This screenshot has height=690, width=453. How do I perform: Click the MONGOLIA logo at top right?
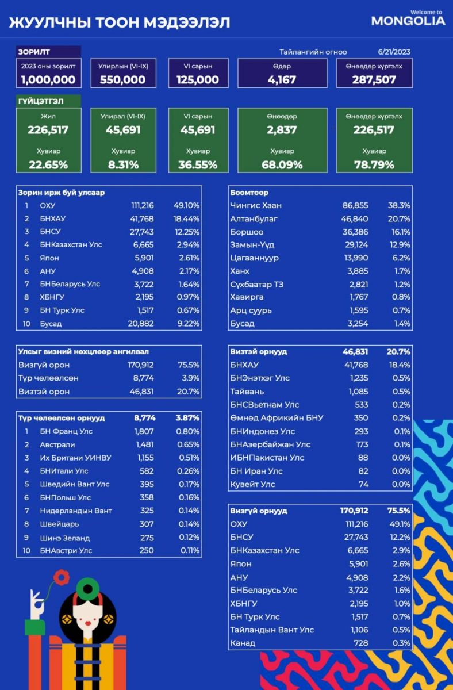click(x=408, y=18)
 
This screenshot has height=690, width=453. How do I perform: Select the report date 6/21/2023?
click(x=394, y=52)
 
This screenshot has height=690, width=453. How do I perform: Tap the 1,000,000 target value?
click(x=48, y=80)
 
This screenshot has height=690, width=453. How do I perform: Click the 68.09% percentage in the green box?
click(x=282, y=165)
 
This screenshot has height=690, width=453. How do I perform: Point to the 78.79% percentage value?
click(x=374, y=165)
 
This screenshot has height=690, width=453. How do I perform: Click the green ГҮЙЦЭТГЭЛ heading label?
click(x=41, y=101)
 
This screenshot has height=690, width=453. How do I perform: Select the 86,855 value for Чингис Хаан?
click(x=355, y=205)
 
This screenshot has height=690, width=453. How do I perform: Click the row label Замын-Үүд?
click(x=252, y=245)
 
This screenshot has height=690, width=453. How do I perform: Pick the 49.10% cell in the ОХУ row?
click(x=186, y=205)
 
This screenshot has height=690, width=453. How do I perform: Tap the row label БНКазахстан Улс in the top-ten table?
click(x=71, y=245)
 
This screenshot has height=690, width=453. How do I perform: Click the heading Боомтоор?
click(x=249, y=193)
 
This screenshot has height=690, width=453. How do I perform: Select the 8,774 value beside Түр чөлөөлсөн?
click(x=143, y=378)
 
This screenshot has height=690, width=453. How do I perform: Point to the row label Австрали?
click(x=57, y=445)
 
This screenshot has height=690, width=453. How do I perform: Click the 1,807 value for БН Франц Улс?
click(x=144, y=431)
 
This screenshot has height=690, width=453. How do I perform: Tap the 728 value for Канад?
click(x=361, y=643)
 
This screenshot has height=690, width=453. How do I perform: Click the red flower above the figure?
click(x=62, y=577)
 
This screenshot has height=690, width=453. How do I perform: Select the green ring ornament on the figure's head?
click(x=88, y=589)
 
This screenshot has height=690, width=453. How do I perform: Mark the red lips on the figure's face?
click(x=88, y=622)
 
